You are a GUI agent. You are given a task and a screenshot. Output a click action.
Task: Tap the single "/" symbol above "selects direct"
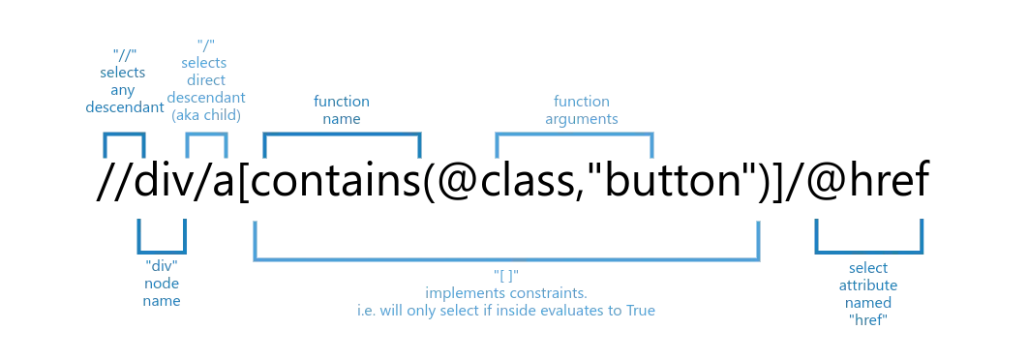[204, 43]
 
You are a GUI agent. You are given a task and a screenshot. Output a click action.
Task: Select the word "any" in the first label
[122, 91]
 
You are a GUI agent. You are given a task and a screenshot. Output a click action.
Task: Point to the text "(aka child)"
[204, 115]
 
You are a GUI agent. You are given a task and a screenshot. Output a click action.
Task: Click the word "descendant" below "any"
[122, 107]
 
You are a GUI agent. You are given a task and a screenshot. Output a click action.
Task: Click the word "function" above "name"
[340, 101]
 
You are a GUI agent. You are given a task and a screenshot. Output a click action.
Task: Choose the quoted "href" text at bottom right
[870, 319]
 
